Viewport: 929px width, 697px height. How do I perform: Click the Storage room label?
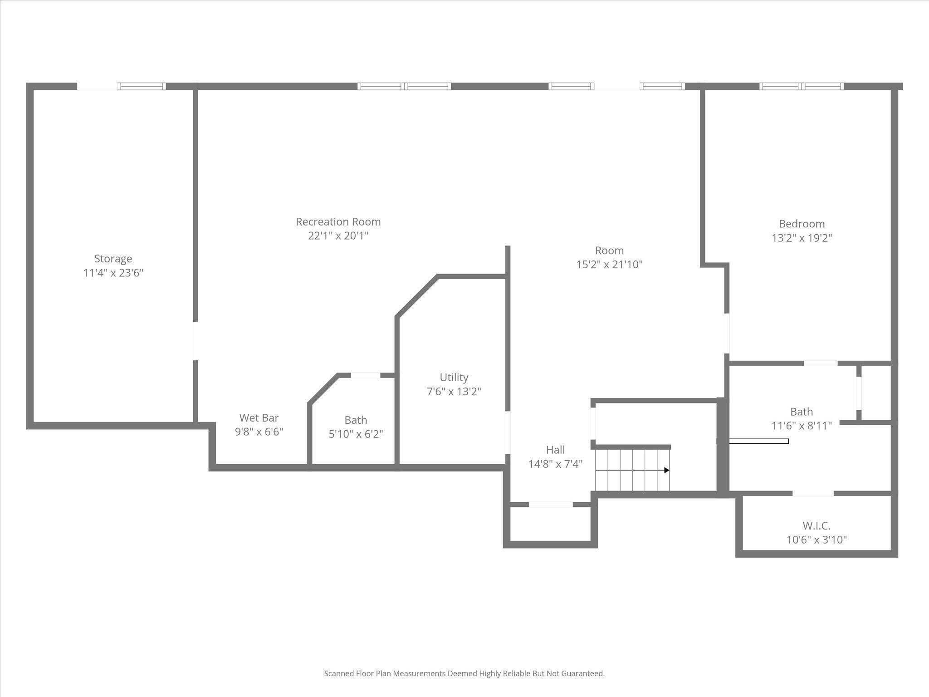113,259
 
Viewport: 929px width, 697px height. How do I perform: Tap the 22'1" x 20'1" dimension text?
338,236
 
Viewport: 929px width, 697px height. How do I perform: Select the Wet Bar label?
259,417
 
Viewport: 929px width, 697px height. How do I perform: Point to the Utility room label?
454,378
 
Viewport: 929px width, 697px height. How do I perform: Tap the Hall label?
555,450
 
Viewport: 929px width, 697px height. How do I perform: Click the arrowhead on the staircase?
667,470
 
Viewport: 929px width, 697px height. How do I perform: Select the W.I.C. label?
817,526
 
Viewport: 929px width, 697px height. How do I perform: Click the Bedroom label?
802,224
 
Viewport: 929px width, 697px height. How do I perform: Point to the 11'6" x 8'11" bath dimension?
802,426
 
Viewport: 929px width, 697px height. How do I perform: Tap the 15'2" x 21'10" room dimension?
609,265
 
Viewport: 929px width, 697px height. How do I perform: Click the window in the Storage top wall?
142,86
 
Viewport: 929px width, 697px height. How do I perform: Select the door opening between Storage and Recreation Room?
196,341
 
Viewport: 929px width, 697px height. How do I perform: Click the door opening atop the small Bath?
366,375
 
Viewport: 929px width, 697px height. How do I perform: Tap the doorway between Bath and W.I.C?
813,493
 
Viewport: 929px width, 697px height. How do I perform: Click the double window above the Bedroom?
802,86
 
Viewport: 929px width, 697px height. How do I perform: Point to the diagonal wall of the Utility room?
417,295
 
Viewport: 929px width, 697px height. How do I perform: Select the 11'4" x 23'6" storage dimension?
113,273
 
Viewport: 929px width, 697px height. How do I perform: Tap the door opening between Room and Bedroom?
727,334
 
